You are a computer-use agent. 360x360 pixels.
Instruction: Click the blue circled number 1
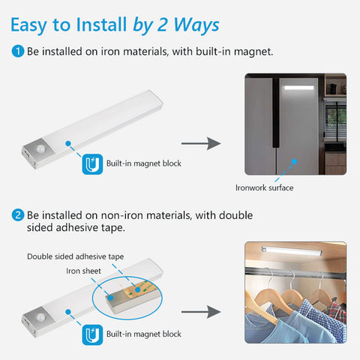pos(18,51)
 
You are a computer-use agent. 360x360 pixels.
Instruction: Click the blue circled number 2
pos(18,215)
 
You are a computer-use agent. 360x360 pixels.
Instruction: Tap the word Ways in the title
pos(196,25)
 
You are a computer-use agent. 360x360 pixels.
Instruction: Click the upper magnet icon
pos(92,164)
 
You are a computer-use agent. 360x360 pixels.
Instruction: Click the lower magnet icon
pos(92,334)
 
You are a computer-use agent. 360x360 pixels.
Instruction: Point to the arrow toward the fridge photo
pos(201,143)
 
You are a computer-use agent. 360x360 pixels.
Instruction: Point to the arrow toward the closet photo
pos(201,312)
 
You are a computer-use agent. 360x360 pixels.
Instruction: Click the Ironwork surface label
pos(265,187)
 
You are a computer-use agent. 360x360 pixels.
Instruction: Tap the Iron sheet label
pos(83,271)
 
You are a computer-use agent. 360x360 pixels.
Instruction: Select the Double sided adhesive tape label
pos(76,256)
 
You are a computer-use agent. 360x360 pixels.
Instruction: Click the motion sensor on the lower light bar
pos(40,317)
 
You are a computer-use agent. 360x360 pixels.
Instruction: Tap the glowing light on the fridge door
pos(298,88)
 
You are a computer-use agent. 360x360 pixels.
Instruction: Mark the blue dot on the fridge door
pos(295,162)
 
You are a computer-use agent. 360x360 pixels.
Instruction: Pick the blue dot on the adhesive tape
pos(137,289)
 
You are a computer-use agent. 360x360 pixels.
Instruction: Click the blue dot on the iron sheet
pos(110,298)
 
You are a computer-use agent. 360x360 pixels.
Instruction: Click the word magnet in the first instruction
pos(253,52)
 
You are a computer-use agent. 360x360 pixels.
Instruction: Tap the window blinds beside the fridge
pos(336,121)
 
